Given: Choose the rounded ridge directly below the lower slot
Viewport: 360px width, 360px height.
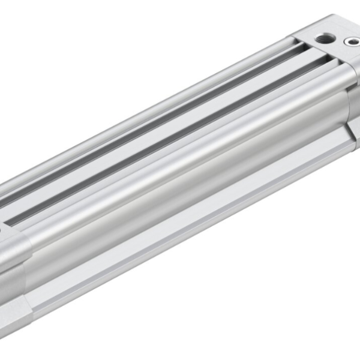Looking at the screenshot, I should tap(180, 150).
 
